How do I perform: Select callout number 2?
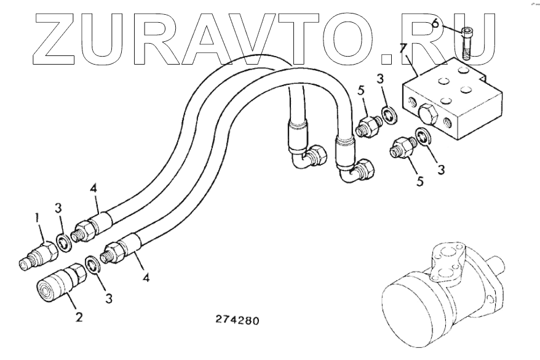tap(79, 318)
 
